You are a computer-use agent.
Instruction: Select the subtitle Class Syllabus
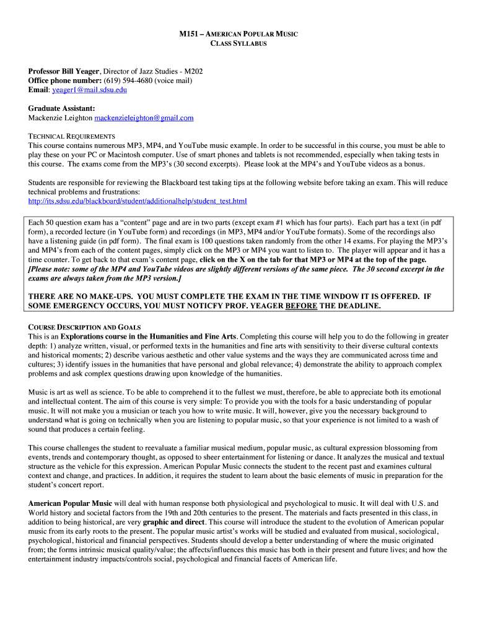pos(238,43)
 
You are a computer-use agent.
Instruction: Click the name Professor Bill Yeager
pos(64,71)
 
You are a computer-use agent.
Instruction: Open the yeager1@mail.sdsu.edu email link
pos(90,90)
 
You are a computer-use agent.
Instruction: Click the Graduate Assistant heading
pos(61,108)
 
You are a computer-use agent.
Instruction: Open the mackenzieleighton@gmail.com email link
pos(144,118)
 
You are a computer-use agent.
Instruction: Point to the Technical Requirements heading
pos(72,136)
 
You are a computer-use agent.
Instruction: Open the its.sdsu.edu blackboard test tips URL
pos(138,201)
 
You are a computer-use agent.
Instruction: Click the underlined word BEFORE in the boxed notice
pos(301,306)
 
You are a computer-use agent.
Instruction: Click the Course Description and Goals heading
pos(84,327)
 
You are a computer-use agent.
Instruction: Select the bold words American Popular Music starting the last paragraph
pos(70,503)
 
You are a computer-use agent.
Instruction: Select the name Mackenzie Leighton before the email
pos(60,118)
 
